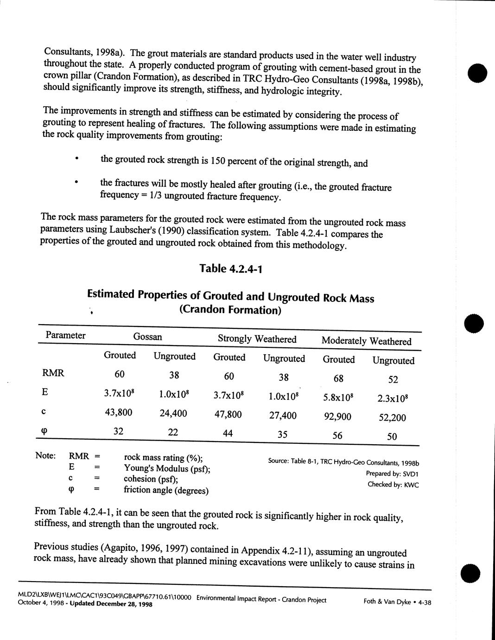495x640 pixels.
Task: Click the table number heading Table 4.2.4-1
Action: pos(231,269)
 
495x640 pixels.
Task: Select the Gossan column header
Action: pos(147,337)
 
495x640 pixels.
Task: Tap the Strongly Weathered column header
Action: pos(257,339)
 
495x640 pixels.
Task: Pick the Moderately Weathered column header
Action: pos(366,341)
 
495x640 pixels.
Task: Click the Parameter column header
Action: pos(65,335)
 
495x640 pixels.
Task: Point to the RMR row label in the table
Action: pos(53,373)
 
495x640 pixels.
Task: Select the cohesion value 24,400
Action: pos(173,413)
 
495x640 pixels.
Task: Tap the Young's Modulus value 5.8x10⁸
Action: pos(339,397)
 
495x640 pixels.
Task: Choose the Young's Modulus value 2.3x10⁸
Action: pos(393,398)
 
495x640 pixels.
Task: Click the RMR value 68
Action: pos(338,378)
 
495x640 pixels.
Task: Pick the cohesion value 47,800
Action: pos(228,414)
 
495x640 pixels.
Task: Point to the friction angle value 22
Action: pos(172,432)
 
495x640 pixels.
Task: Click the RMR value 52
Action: pos(393,379)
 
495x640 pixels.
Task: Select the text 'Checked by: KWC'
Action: pos(393,485)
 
